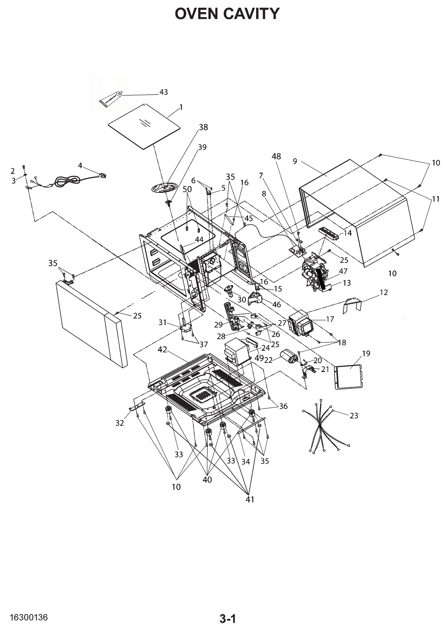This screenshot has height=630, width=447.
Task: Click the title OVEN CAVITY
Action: (x=227, y=14)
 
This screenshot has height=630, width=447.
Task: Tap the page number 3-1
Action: (x=228, y=617)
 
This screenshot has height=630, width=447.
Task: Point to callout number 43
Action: (x=163, y=92)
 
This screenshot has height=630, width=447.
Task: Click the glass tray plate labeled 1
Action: (x=144, y=127)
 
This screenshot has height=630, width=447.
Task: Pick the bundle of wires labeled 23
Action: (x=325, y=429)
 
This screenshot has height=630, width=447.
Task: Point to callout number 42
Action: (x=162, y=350)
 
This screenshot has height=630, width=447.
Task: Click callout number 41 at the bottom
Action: (x=250, y=500)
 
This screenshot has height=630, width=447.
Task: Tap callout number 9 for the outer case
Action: (x=295, y=161)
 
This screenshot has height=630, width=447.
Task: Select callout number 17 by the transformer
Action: (x=330, y=319)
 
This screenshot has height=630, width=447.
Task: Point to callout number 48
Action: (x=276, y=156)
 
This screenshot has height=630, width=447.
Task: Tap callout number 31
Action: (x=162, y=322)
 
